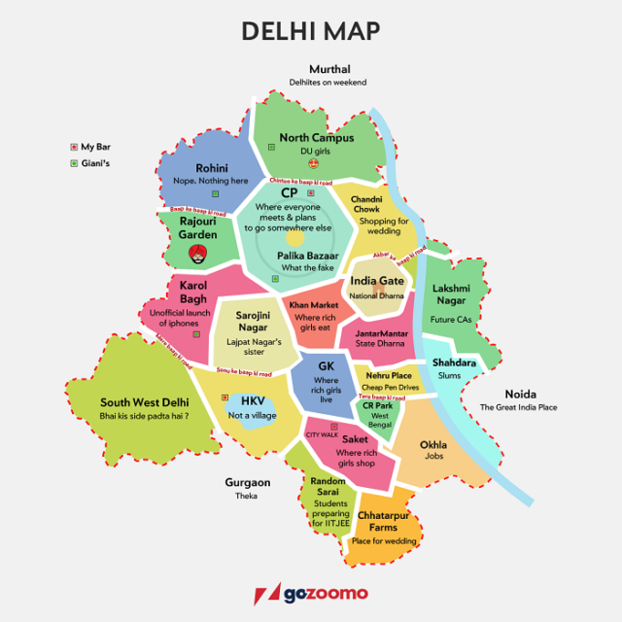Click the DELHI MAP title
(x=310, y=31)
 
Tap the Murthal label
(x=328, y=69)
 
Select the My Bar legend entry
(x=94, y=147)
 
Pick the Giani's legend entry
(x=94, y=163)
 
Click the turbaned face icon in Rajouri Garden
(x=198, y=254)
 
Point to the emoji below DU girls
(x=313, y=163)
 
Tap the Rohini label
(x=211, y=168)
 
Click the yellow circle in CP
(x=295, y=237)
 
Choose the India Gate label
(x=376, y=281)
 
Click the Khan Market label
(x=313, y=305)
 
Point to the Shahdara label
(x=455, y=363)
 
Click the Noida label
(x=518, y=394)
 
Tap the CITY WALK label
(x=323, y=434)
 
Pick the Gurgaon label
(x=247, y=482)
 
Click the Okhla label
(x=433, y=444)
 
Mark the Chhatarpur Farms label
(x=383, y=521)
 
